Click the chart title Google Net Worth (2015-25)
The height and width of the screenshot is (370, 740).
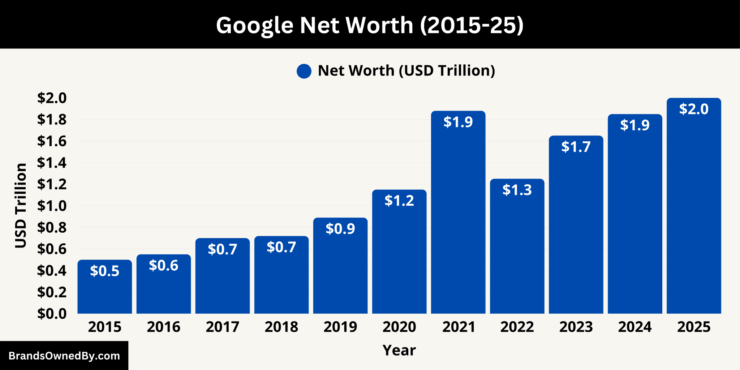[x=370, y=25]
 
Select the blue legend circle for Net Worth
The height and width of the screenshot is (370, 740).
[x=304, y=71]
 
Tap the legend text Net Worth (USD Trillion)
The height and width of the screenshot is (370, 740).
[x=406, y=70]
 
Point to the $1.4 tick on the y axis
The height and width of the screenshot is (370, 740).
[x=52, y=163]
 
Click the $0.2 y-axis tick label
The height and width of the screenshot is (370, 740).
[x=52, y=292]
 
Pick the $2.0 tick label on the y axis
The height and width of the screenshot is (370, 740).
[x=52, y=98]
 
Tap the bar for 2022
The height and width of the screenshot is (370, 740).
[x=517, y=253]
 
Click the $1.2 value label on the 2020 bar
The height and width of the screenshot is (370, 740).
[x=399, y=201]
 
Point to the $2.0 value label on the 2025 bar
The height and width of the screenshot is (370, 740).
[x=694, y=109]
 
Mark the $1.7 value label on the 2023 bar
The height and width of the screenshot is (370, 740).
[x=576, y=147]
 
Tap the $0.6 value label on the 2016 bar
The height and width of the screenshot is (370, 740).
[x=164, y=266]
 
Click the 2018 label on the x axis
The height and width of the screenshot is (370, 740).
[x=281, y=327]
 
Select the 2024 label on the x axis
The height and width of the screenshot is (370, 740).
[x=635, y=327]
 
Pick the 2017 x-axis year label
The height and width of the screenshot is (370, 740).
[x=223, y=327]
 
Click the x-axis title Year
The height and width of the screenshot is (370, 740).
[x=399, y=350]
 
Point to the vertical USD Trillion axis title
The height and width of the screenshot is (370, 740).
[x=21, y=205]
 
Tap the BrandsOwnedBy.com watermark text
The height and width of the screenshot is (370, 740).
[x=64, y=356]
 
